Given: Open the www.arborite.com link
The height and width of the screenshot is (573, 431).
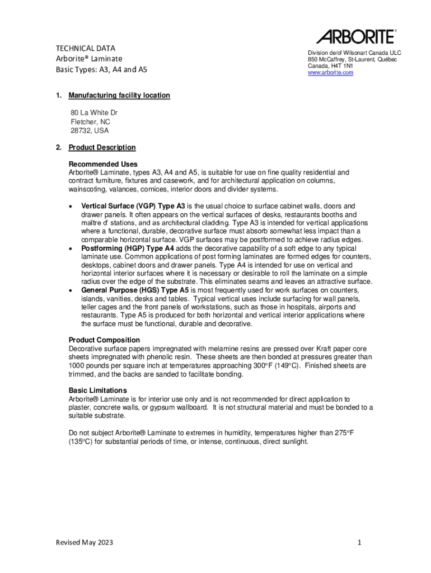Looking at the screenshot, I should [x=330, y=73].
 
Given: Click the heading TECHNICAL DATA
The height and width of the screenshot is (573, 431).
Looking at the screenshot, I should [x=85, y=48].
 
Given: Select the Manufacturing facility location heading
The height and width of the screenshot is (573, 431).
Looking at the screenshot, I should [x=119, y=96].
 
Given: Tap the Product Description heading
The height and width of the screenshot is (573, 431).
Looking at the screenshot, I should [x=102, y=148].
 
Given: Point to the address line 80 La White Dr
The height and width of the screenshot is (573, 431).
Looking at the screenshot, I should [x=94, y=112].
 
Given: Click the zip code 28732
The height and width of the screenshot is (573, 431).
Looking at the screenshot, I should [x=81, y=130].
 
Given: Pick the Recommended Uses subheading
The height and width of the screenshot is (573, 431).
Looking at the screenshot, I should [x=103, y=164].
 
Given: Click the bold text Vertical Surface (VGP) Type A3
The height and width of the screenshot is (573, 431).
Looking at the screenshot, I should [x=133, y=206].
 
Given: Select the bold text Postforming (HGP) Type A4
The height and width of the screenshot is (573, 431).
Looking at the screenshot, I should [x=132, y=248].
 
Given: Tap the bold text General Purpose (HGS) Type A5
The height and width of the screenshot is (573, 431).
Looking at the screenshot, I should [x=135, y=290].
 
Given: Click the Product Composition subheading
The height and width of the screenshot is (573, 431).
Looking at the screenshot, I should [x=104, y=340].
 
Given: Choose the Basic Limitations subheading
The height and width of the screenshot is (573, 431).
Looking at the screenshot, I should [x=98, y=390].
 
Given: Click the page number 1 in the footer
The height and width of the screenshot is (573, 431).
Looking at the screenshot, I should [x=361, y=542].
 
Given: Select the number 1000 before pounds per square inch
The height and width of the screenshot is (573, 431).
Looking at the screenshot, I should [x=77, y=365].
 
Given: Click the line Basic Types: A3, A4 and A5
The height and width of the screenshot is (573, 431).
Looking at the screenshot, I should [x=101, y=70].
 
